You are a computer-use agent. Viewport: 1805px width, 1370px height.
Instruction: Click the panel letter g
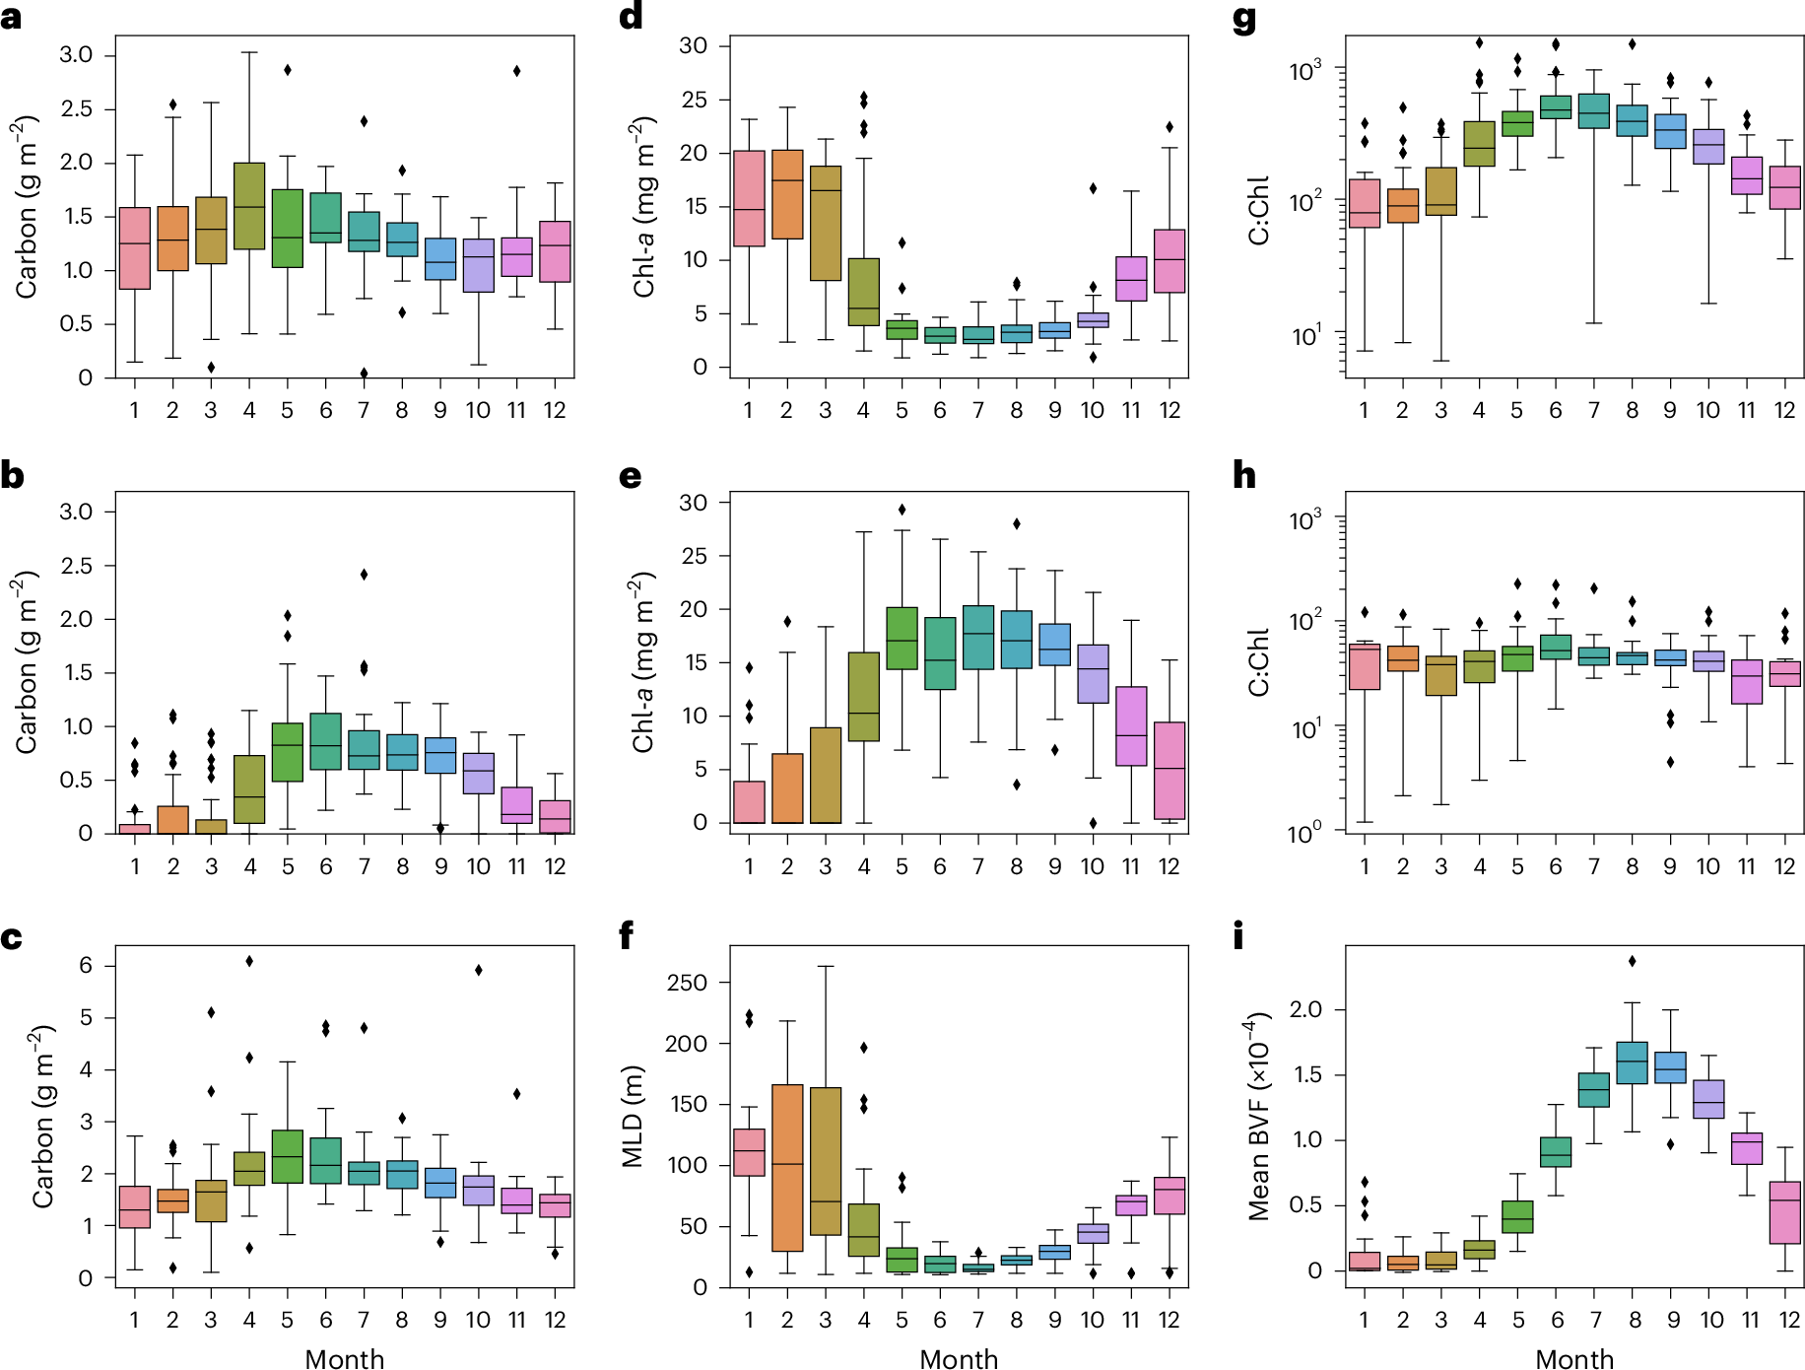tap(1244, 21)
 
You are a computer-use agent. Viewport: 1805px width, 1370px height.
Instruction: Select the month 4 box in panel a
tap(249, 206)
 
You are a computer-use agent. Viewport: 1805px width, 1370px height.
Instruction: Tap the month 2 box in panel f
tap(787, 1168)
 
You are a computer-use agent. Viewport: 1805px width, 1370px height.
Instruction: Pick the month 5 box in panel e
tap(902, 639)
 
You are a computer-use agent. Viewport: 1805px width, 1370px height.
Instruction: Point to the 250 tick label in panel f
tap(687, 983)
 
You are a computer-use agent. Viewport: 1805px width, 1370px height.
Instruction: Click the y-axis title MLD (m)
tap(633, 1117)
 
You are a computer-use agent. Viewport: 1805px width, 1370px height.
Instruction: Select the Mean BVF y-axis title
tap(1259, 1117)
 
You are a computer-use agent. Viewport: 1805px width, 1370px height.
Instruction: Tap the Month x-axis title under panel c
tap(345, 1359)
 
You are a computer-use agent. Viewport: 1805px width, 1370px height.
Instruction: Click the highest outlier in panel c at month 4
tap(249, 961)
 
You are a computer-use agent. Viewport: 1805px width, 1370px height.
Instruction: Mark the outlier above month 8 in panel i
tap(1633, 961)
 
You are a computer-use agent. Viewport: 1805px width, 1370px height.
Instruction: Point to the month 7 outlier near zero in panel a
tap(364, 374)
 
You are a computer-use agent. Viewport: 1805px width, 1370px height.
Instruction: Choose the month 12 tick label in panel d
tap(1170, 410)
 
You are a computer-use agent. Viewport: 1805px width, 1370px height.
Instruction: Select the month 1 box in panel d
tap(749, 199)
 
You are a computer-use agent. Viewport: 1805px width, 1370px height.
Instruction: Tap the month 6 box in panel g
tap(1556, 107)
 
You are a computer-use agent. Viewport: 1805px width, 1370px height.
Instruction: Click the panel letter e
tap(631, 477)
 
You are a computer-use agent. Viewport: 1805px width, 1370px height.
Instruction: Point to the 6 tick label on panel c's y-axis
tap(86, 966)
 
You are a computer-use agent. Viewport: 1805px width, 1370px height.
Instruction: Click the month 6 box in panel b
tap(326, 741)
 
